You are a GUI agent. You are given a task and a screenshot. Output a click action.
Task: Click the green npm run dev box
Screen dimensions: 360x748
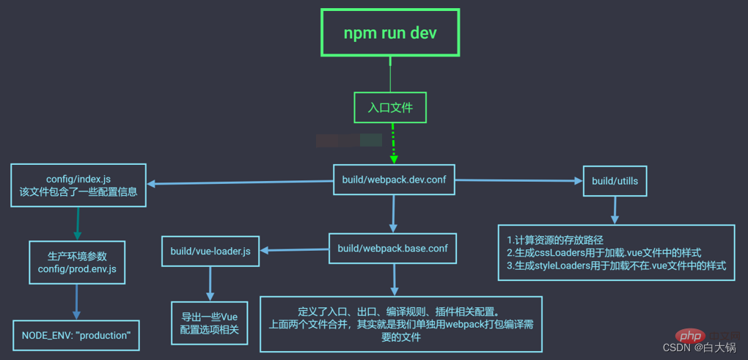(x=390, y=33)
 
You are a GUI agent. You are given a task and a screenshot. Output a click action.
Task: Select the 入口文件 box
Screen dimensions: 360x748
(x=390, y=107)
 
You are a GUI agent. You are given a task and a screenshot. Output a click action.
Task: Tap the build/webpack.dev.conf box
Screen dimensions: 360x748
(x=394, y=179)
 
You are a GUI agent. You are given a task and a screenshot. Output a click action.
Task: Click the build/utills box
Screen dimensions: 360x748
(x=615, y=180)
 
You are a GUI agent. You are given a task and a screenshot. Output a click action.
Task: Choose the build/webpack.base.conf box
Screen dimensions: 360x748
(x=392, y=249)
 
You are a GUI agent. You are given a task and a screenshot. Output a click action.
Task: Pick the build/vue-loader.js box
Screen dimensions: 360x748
(x=210, y=251)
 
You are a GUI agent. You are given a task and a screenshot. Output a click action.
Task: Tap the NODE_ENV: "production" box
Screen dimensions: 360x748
(x=76, y=335)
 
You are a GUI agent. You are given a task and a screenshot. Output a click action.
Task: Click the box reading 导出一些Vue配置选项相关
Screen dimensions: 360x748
(x=210, y=323)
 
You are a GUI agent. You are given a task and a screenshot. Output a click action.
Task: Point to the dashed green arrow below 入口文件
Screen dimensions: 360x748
(x=393, y=144)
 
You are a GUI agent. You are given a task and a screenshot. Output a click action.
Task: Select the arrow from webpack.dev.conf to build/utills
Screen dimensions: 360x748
(x=518, y=180)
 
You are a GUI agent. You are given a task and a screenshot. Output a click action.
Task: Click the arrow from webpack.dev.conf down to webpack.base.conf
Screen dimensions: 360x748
(x=393, y=213)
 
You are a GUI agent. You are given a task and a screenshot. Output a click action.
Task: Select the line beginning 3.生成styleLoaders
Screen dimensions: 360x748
(x=616, y=265)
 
